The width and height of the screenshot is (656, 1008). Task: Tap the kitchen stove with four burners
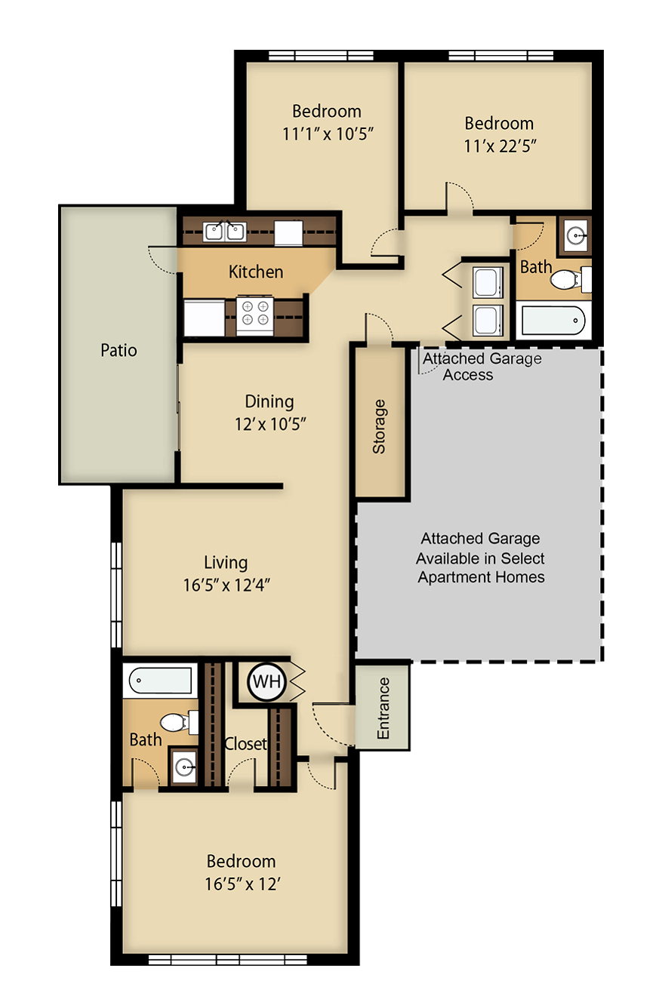[x=254, y=314]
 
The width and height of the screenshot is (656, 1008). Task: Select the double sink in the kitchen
[x=225, y=231]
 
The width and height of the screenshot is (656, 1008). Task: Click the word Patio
[x=119, y=350]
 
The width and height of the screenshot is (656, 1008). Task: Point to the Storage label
[x=380, y=426]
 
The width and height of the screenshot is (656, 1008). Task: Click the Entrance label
[x=383, y=708]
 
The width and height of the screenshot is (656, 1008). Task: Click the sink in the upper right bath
[x=577, y=235]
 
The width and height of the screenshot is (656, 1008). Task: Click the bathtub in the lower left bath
[x=161, y=680]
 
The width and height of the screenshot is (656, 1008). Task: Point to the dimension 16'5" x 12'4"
[x=226, y=585]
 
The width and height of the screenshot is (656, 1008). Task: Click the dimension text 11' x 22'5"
[x=499, y=145]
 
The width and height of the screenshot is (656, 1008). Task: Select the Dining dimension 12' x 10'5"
[x=269, y=424]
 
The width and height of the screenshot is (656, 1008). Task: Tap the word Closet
[x=245, y=744]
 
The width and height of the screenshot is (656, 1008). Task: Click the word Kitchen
[x=256, y=272]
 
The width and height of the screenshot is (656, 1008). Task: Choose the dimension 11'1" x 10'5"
[x=327, y=134]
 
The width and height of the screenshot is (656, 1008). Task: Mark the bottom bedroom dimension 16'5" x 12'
[x=242, y=884]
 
